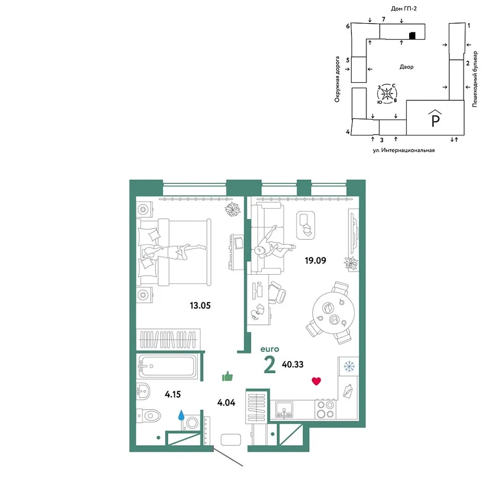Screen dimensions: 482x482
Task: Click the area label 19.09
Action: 315,261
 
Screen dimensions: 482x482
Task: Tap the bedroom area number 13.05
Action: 200,306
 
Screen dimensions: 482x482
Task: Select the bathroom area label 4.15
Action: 173,394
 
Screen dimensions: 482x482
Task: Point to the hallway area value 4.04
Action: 226,402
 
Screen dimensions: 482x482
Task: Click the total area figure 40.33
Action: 293,365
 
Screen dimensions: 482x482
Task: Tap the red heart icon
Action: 316,381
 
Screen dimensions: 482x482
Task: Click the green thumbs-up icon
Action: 227,376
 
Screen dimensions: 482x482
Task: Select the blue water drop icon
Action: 181,415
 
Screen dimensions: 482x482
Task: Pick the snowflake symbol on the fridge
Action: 349,367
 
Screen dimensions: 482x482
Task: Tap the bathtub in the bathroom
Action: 168,366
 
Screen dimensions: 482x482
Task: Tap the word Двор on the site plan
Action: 406,67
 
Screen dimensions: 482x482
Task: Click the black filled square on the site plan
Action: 412,36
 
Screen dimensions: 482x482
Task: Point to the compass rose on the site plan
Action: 387,93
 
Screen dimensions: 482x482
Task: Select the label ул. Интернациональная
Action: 404,150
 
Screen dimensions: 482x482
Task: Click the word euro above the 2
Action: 270,349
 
